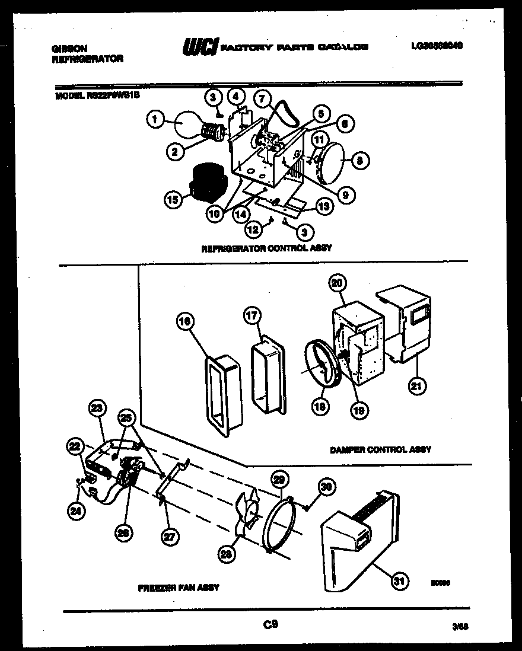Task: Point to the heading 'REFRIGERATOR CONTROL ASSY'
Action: pyautogui.click(x=266, y=248)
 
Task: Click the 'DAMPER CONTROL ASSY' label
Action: pyautogui.click(x=380, y=450)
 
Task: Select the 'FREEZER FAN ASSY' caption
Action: pyautogui.click(x=179, y=588)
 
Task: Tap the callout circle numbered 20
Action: pyautogui.click(x=337, y=284)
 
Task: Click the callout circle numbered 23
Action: pyautogui.click(x=97, y=409)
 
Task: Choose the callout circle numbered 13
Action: pyautogui.click(x=324, y=206)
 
